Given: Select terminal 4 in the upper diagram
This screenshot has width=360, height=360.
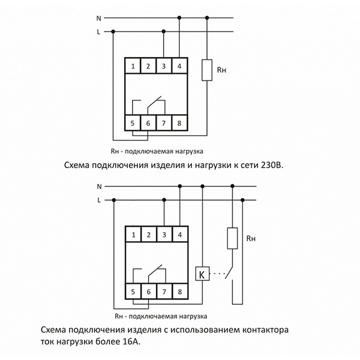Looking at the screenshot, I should (179, 65).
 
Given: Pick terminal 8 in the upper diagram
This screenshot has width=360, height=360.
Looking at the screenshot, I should (179, 124).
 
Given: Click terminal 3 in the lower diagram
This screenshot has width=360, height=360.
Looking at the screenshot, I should (164, 233).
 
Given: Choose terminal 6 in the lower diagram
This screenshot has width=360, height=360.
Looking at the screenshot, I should (148, 292).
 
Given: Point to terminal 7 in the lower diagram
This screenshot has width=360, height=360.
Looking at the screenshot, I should (164, 292).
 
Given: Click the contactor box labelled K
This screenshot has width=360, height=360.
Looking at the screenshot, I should (202, 274).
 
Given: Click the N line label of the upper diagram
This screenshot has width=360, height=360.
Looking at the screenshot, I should (98, 17).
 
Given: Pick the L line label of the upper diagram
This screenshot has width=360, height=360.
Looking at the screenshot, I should (98, 32).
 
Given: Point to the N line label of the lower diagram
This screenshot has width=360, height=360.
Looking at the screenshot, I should (98, 187).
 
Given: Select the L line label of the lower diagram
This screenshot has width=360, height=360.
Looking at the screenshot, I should (98, 200).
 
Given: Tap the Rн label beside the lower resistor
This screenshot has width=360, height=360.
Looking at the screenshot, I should (251, 239).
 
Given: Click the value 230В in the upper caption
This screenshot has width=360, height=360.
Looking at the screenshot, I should (271, 163).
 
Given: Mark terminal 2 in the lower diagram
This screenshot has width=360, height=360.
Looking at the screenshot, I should (148, 233).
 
